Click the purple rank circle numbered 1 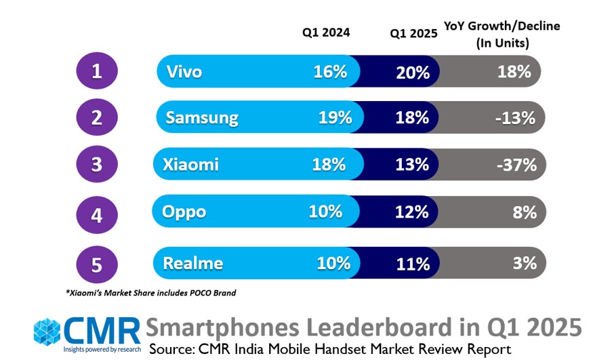[x=96, y=71]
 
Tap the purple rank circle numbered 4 [x=96, y=215]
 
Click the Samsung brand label [x=202, y=118]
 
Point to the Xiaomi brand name [x=190, y=164]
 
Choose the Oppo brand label [x=184, y=212]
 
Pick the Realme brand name [x=192, y=263]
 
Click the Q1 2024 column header [x=326, y=32]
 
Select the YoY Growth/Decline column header [x=502, y=35]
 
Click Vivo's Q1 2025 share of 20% [x=412, y=72]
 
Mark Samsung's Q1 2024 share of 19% [x=335, y=118]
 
